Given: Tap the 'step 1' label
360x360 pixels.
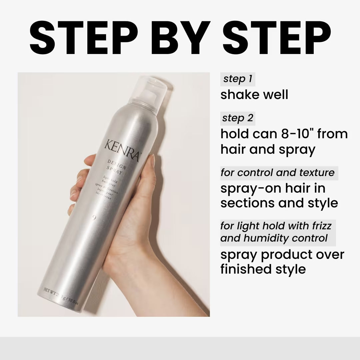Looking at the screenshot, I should pyautogui.click(x=238, y=79).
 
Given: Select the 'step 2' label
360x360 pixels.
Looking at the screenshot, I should pyautogui.click(x=238, y=118).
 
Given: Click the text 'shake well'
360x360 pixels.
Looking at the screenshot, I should pyautogui.click(x=254, y=95).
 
